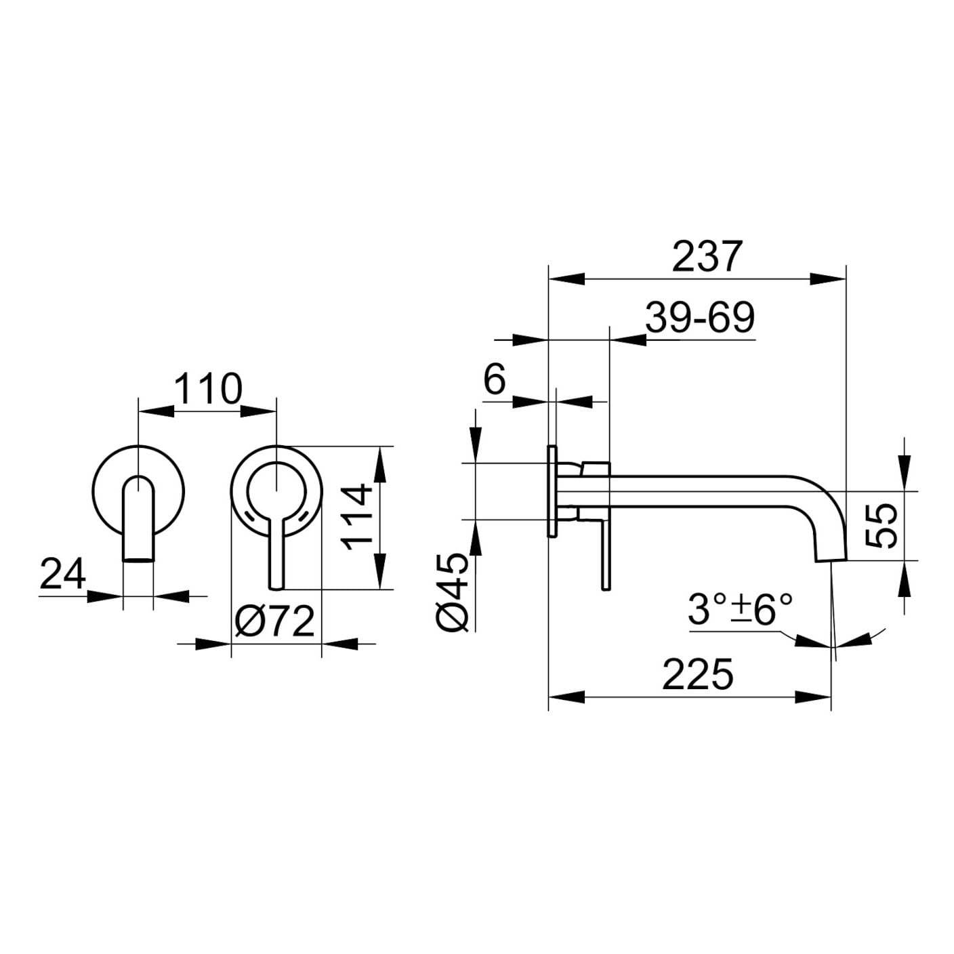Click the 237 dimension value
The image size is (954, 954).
(708, 256)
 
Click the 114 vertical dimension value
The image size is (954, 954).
(358, 518)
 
